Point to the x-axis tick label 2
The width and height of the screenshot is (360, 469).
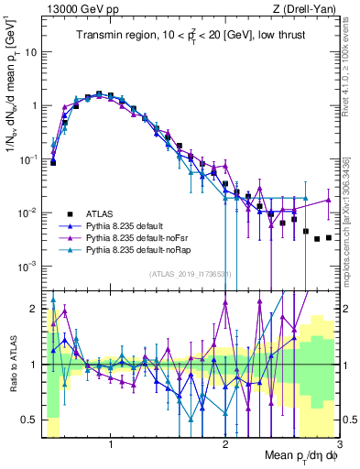[225, 443]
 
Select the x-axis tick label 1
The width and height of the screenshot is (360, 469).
[111, 443]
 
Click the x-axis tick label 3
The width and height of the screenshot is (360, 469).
[338, 443]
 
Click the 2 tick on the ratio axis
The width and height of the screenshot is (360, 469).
[35, 308]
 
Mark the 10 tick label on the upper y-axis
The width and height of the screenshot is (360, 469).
[30, 51]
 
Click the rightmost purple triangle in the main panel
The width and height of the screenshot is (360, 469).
[328, 200]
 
